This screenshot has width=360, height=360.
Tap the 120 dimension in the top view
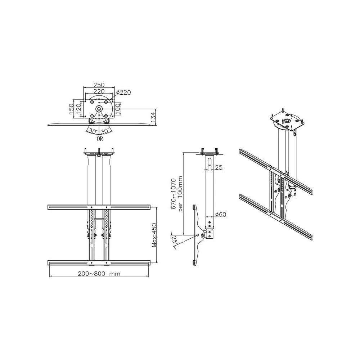78,107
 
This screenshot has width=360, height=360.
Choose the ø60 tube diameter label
220,215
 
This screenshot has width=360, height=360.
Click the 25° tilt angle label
174,240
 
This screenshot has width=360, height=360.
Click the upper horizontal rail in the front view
99,208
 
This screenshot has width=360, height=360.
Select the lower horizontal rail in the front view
99,262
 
